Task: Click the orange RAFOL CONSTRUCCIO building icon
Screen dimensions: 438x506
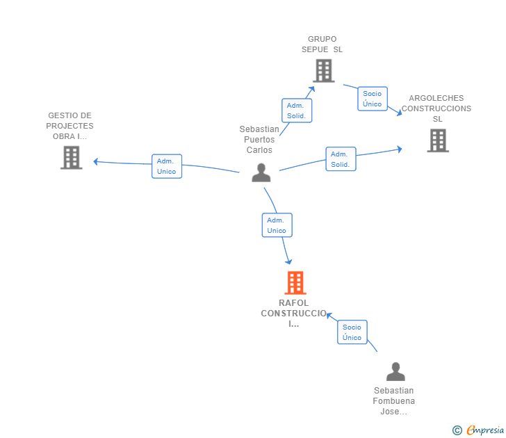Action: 295,283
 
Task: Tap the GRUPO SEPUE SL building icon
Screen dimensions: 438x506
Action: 323,70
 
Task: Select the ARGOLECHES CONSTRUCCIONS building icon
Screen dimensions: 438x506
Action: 437,140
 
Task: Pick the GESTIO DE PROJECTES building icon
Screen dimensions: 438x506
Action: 71,158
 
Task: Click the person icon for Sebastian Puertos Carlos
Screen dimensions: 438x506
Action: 261,172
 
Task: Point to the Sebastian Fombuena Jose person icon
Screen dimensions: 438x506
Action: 395,372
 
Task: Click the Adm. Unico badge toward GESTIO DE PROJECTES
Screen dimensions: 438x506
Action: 167,166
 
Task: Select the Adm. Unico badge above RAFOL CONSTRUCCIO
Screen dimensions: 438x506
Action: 277,225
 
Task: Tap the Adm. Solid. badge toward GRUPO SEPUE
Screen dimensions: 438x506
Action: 297,111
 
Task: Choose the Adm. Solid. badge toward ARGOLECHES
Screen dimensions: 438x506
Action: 341,159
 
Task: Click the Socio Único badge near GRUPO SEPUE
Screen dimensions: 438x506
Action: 373,99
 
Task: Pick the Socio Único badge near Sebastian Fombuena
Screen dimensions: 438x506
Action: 352,332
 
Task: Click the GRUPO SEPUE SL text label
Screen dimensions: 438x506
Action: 323,44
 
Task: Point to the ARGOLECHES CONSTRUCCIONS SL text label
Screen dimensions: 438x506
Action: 436,108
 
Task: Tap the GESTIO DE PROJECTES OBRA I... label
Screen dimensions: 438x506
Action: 70,126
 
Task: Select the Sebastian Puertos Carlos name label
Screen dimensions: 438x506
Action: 259,140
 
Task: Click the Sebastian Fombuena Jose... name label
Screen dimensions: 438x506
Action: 393,401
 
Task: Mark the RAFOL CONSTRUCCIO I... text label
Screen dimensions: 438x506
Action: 294,314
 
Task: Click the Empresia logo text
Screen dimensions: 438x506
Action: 486,430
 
